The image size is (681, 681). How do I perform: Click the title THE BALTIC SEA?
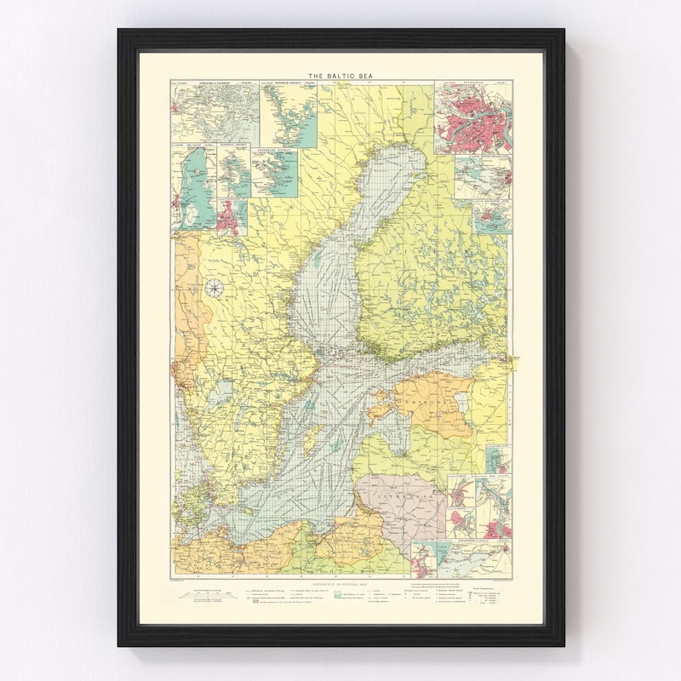pos(340,74)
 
